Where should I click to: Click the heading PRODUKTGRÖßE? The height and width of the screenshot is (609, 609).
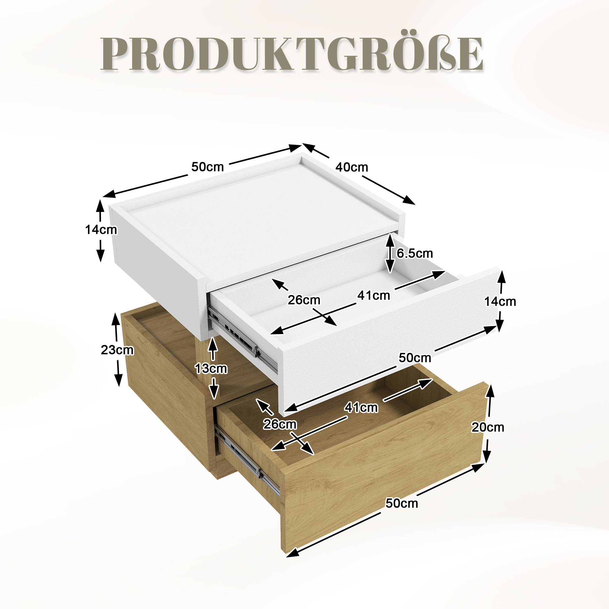tap(292, 54)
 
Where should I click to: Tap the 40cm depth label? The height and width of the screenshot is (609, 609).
tap(351, 167)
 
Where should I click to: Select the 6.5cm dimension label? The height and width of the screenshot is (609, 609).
tap(415, 253)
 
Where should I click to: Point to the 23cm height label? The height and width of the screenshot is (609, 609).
tap(117, 350)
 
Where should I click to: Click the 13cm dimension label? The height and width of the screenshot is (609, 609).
tap(211, 368)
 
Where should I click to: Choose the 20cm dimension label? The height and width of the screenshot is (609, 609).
tap(488, 427)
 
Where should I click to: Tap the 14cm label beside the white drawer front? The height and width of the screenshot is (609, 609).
tap(500, 301)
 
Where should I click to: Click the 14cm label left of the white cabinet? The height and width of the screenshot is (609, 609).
tap(101, 230)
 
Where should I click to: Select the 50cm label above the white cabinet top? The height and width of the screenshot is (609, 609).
tap(208, 167)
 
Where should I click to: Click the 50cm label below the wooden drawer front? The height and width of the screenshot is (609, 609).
tap(402, 503)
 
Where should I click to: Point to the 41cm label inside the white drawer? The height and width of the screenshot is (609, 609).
tap(374, 295)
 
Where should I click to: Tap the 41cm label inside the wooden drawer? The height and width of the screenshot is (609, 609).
tap(361, 408)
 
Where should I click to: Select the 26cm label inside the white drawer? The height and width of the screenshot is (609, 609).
tap(304, 300)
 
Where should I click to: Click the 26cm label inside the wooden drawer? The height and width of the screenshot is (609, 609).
tap(280, 424)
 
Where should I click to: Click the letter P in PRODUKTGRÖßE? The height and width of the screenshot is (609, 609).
tap(115, 54)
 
